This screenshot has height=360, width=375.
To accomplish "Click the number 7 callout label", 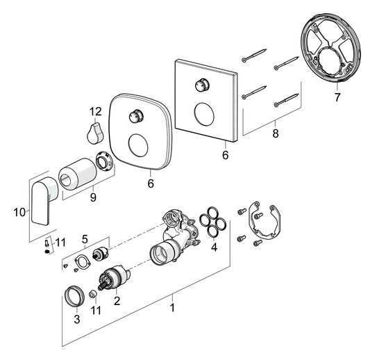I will click(337, 97).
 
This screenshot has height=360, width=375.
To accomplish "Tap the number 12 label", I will click(95, 111).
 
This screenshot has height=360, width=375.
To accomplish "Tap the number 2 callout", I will click(117, 301).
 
